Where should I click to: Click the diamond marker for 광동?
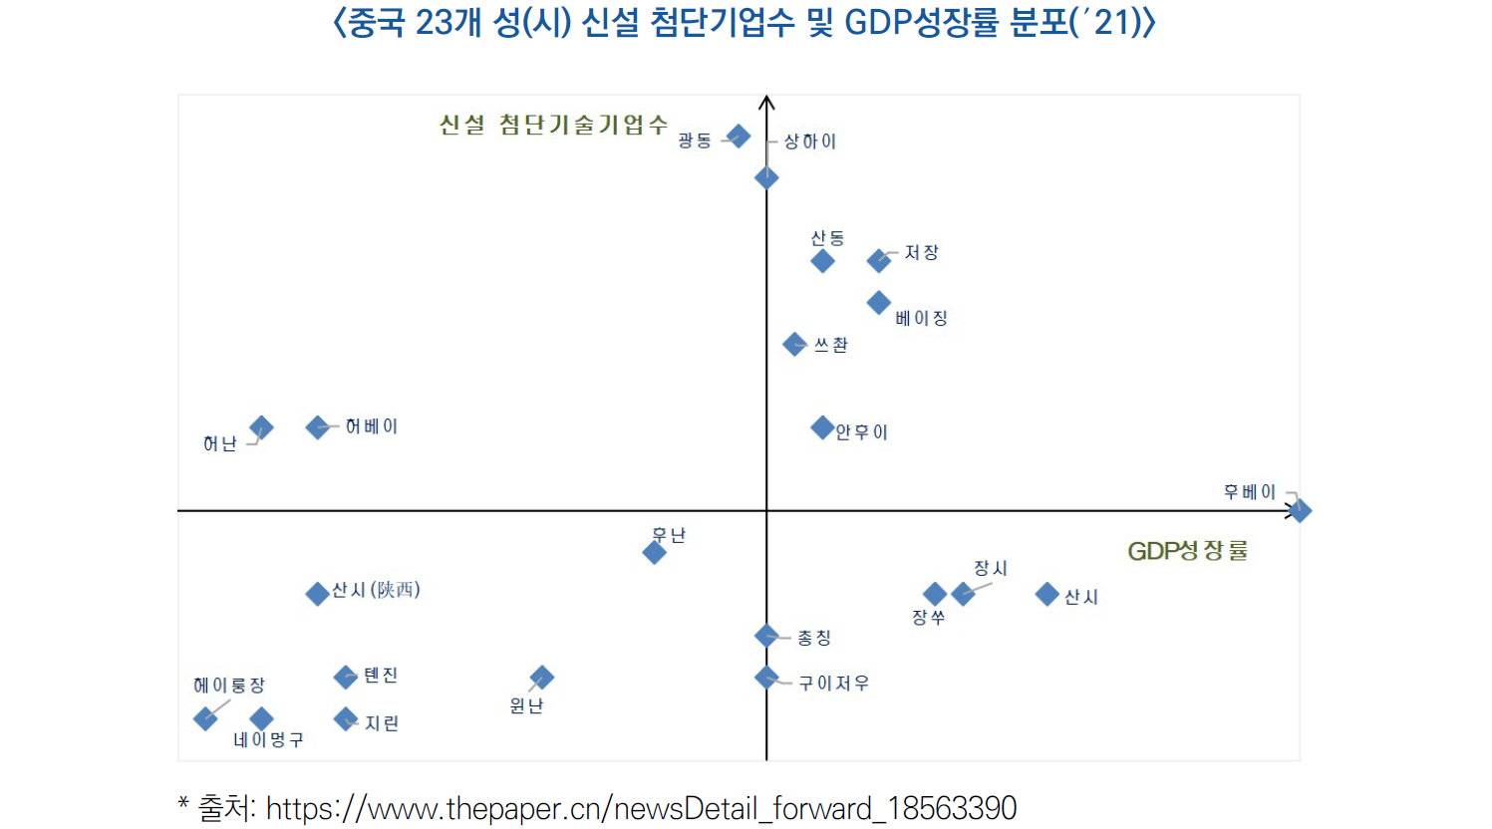739,136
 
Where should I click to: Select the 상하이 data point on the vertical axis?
766,177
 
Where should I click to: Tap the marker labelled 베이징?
878,302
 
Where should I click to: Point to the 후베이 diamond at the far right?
1299,511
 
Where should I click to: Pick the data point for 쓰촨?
794,345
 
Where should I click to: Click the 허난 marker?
261,427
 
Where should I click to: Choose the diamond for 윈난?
541,678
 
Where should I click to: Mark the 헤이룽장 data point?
205,718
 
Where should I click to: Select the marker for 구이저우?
766,678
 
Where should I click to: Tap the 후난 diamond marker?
655,552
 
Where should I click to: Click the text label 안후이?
861,432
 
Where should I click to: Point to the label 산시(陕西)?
376,590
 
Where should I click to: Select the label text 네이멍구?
268,740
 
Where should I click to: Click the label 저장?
921,253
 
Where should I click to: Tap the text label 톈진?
381,676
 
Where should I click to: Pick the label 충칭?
814,638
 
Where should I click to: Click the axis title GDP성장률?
1187,551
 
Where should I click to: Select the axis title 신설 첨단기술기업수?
553,125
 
